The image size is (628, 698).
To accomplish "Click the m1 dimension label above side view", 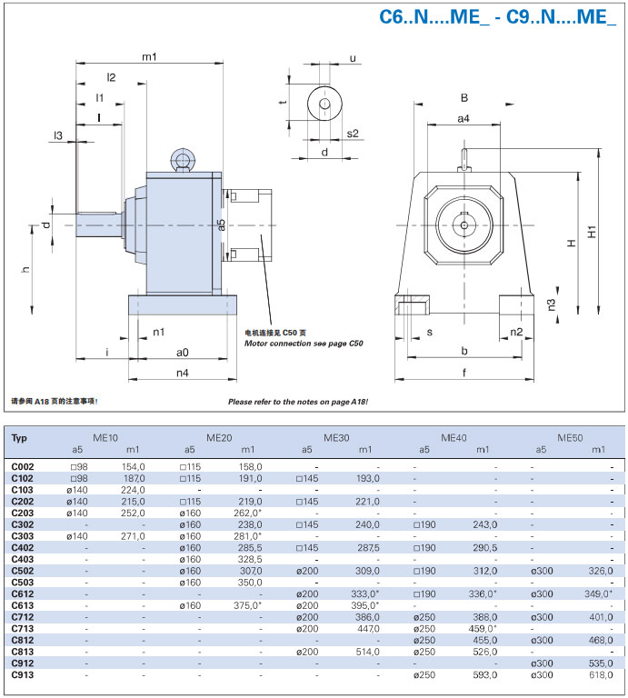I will pyautogui.click(x=149, y=57).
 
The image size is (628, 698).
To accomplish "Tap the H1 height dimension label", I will pyautogui.click(x=592, y=231).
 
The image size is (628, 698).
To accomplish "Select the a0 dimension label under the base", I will pyautogui.click(x=182, y=352).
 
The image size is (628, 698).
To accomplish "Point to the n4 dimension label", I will pyautogui.click(x=182, y=372).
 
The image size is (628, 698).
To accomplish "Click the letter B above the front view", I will pyautogui.click(x=464, y=97).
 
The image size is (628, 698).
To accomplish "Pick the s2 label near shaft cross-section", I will pyautogui.click(x=353, y=134).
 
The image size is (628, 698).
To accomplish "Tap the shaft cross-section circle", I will pyautogui.click(x=324, y=104).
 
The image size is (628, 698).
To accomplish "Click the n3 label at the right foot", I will pyautogui.click(x=552, y=304).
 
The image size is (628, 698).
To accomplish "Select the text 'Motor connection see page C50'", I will pyautogui.click(x=304, y=344).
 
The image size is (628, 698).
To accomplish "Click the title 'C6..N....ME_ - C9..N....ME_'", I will pyautogui.click(x=497, y=17).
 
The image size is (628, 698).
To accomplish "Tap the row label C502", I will pyautogui.click(x=23, y=570).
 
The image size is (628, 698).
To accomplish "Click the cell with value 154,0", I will pyautogui.click(x=133, y=466).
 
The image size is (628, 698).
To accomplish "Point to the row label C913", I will pyautogui.click(x=23, y=675).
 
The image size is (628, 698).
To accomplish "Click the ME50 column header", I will pyautogui.click(x=570, y=438).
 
